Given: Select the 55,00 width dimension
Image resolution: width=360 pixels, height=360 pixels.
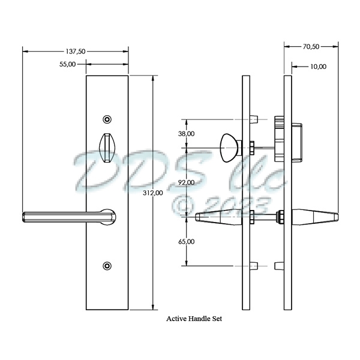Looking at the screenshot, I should pos(67,64).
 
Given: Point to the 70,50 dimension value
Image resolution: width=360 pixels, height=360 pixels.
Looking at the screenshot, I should pos(310,46).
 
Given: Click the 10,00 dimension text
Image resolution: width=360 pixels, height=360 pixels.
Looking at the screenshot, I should pos(318,67).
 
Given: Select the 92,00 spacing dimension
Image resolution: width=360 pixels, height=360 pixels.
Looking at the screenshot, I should pos(186,182).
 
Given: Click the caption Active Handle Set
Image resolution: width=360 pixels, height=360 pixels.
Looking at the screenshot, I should pos(193,320).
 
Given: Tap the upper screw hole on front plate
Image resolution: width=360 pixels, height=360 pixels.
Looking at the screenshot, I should pos(107,118).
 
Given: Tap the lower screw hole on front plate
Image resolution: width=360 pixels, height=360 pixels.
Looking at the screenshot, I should pos(107,265).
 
